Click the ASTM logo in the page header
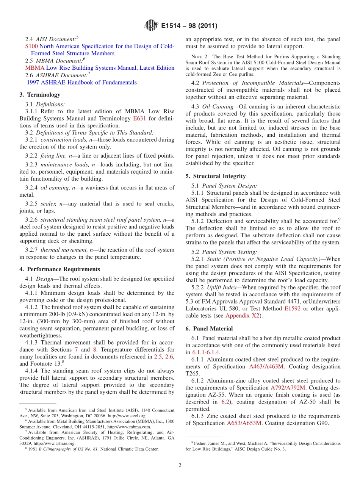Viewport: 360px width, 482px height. tap(152, 26)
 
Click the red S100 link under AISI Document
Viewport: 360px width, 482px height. tap(31, 46)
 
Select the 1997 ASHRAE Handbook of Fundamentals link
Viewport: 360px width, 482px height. tap(81, 82)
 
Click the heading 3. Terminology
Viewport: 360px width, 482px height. tap(40, 95)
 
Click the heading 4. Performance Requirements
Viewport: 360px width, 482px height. tap(59, 269)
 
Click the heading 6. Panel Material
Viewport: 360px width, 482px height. tap(209, 329)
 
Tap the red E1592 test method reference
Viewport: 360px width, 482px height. tap(293, 308)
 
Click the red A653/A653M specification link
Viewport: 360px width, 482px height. tap(244, 423)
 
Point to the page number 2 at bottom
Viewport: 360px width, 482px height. tap(180, 465)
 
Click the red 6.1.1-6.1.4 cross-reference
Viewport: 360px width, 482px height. tap(206, 352)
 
